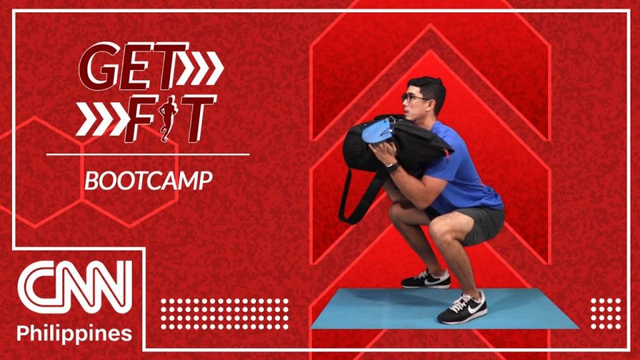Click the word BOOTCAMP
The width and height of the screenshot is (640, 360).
148,181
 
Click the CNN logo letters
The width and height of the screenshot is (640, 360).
75,287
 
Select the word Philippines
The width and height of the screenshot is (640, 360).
74,333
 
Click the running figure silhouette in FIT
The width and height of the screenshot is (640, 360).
167,118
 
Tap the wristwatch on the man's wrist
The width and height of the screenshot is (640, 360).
392,167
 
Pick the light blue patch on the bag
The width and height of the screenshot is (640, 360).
378,131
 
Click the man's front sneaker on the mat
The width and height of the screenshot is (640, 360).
462,307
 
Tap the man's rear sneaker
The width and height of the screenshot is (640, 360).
426,279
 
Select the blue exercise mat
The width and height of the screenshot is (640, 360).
444,309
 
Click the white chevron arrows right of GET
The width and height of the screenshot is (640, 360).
201,67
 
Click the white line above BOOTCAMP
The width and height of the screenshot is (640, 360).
147,155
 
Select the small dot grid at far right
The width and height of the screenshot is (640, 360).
606,314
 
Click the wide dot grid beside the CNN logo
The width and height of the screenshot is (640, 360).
224,314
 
